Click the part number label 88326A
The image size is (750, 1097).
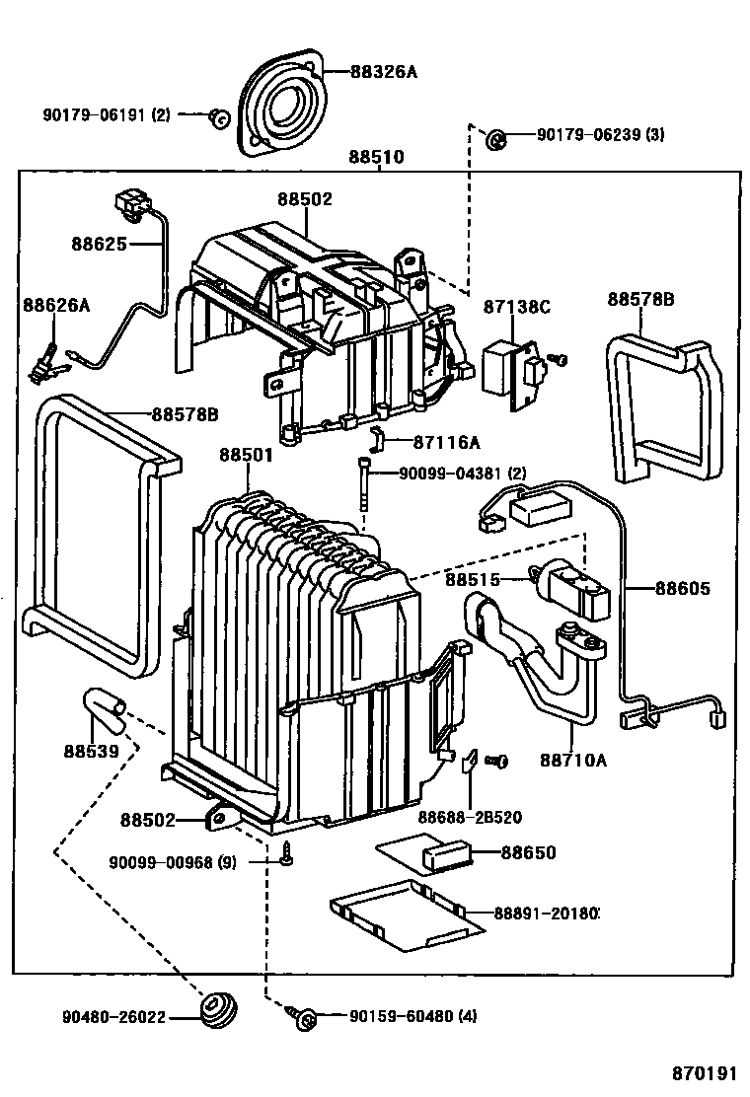(385, 71)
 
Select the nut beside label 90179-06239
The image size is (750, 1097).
(496, 139)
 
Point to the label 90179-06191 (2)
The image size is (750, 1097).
(106, 114)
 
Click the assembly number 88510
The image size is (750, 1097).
(376, 157)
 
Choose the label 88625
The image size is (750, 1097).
(99, 243)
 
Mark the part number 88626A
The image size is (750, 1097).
(56, 306)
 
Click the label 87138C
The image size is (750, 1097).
(516, 307)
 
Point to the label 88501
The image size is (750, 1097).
(247, 455)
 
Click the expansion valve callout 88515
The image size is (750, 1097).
(472, 580)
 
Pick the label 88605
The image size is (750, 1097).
(682, 589)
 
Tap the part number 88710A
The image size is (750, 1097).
(573, 760)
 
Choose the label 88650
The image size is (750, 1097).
(528, 852)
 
